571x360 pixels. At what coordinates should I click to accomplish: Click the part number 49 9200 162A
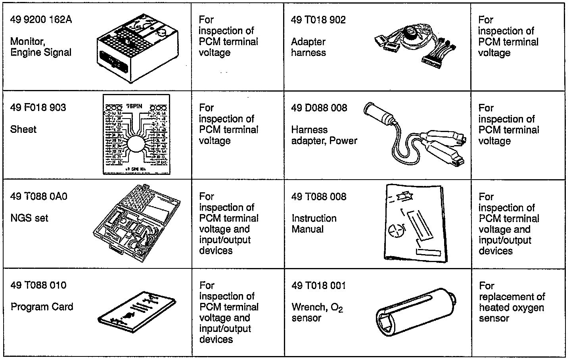(41, 19)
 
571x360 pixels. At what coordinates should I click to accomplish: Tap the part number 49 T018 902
(318, 20)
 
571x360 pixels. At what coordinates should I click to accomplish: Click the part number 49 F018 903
(38, 107)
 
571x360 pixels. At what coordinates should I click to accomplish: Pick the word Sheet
(23, 129)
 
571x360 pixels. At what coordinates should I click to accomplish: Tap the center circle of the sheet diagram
(136, 143)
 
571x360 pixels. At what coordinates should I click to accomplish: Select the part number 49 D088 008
(319, 108)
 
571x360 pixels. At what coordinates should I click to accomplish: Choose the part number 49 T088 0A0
(39, 196)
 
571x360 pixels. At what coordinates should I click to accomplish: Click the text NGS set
(29, 218)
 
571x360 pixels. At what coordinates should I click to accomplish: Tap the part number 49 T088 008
(319, 197)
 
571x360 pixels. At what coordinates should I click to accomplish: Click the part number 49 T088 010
(38, 285)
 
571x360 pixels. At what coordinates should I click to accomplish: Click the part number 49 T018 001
(318, 285)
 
